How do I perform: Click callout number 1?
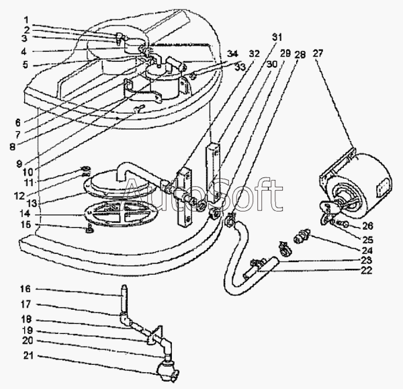(25, 19)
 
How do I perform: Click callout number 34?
(232, 54)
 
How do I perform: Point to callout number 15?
(25, 224)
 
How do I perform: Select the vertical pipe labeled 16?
(124, 302)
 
